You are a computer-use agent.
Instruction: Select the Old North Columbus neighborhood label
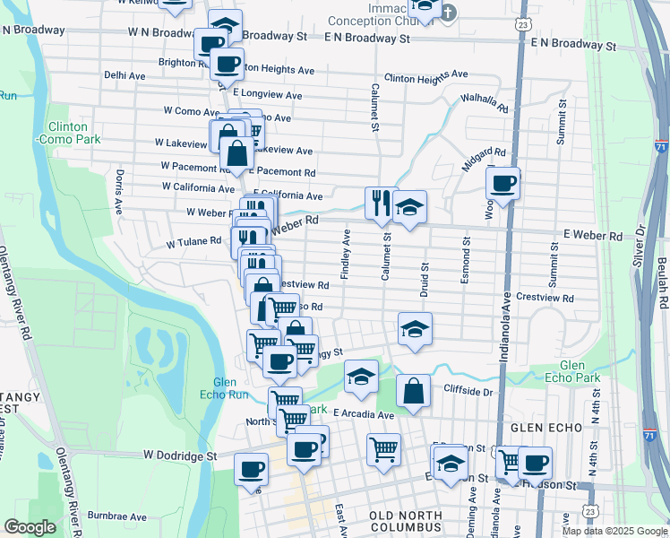click(x=406, y=523)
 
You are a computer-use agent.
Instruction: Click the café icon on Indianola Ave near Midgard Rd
click(x=503, y=184)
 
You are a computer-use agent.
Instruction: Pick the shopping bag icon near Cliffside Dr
click(x=412, y=391)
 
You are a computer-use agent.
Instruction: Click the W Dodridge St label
click(x=178, y=456)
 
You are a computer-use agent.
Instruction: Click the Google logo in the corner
click(x=30, y=526)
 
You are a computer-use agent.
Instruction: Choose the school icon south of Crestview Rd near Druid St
click(x=416, y=329)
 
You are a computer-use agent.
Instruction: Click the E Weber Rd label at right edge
click(x=592, y=236)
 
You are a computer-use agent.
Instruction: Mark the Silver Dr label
click(x=638, y=241)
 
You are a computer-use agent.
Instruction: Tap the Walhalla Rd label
click(x=485, y=103)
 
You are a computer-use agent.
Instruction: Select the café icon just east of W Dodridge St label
click(x=251, y=469)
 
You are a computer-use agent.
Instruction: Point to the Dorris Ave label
click(x=117, y=191)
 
